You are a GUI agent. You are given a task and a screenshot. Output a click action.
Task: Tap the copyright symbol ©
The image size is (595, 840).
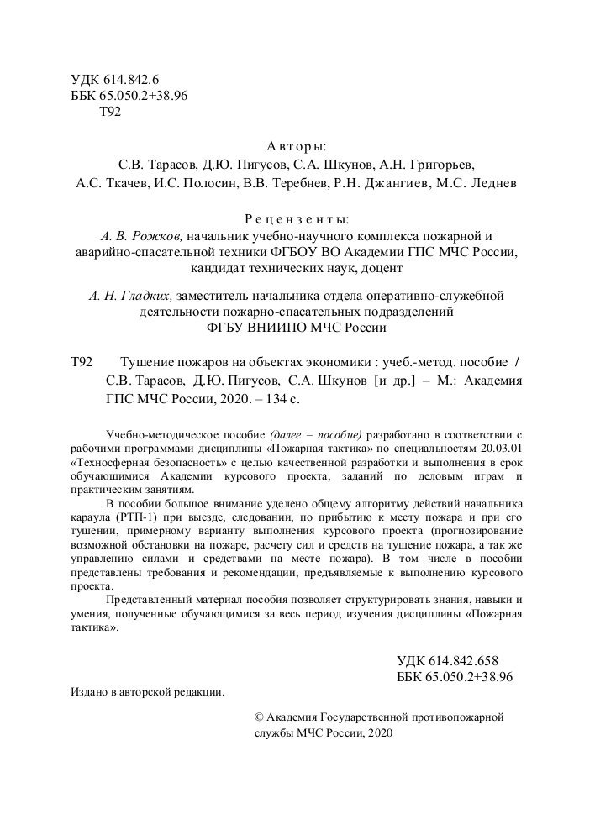point(259,718)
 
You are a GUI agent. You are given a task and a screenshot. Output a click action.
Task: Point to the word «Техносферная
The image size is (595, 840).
point(113,462)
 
